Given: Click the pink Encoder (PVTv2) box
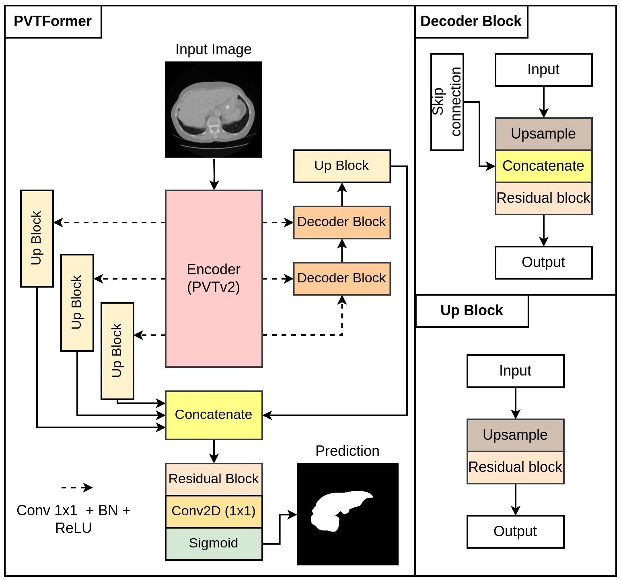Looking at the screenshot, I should pos(214,278).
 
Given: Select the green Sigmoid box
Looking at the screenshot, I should pos(214,543).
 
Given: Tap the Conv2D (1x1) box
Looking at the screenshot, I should pos(214,511).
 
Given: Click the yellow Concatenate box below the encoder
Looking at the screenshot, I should pos(214,415).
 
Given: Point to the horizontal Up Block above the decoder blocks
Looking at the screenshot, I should pos(341,166).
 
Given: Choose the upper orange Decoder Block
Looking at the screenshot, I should pos(341,222).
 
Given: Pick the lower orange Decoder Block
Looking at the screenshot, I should pos(341,278).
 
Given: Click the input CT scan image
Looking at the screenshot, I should pos(214,109).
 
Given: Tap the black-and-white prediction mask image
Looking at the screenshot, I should pos(348,514).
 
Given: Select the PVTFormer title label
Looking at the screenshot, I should pos(53,22).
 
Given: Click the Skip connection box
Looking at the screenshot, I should pos(447,102).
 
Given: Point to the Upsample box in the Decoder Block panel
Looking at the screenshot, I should pos(543,134).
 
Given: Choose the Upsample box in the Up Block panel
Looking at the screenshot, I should pos(515,435).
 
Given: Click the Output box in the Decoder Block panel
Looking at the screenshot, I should pos(543,262).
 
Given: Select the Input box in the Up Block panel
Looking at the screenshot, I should pos(515,371).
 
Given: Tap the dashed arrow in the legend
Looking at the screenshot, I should pos(76,488).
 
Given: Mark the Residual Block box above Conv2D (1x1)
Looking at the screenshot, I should pos(214,479).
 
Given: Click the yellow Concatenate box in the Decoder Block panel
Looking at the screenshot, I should pos(543,166).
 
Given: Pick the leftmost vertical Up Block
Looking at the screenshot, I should pos(37,238).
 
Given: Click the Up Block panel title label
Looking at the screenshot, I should pos(472,310).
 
